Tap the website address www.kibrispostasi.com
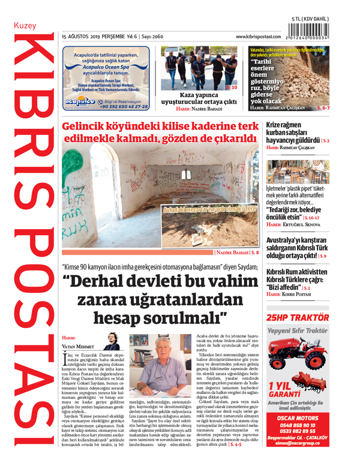pos(263,37)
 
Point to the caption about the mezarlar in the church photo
pos(209,210)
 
